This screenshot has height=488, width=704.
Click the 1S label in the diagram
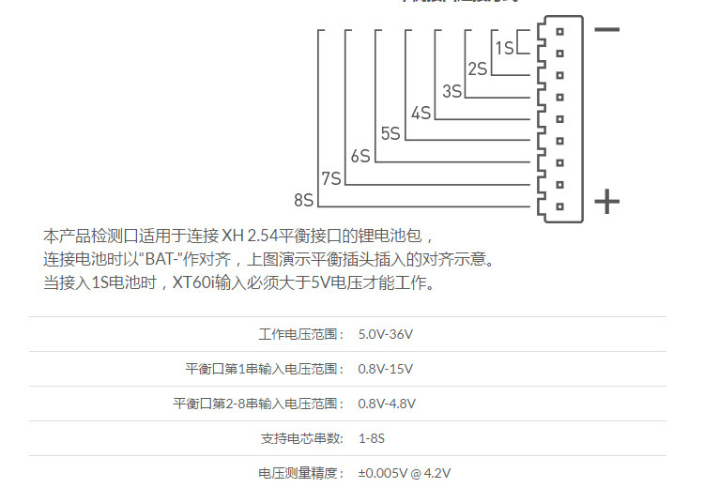(505, 47)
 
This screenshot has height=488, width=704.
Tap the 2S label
(477, 69)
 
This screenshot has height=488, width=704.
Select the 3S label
(451, 91)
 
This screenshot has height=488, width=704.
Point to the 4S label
(421, 113)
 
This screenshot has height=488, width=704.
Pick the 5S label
(390, 134)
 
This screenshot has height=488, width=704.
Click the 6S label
(360, 156)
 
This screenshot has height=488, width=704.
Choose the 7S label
(330, 177)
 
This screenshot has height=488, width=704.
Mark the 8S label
(303, 199)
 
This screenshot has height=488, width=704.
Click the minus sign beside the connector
(607, 29)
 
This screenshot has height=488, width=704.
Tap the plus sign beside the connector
(607, 201)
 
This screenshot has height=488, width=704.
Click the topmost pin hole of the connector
(559, 31)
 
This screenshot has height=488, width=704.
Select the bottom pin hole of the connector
(559, 206)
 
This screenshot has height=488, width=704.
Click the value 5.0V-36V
(386, 333)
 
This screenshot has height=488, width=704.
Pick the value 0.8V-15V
(386, 368)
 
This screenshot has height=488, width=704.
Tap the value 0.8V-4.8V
(388, 403)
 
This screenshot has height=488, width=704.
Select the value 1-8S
(372, 437)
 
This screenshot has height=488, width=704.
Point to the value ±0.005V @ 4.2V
(410, 472)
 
